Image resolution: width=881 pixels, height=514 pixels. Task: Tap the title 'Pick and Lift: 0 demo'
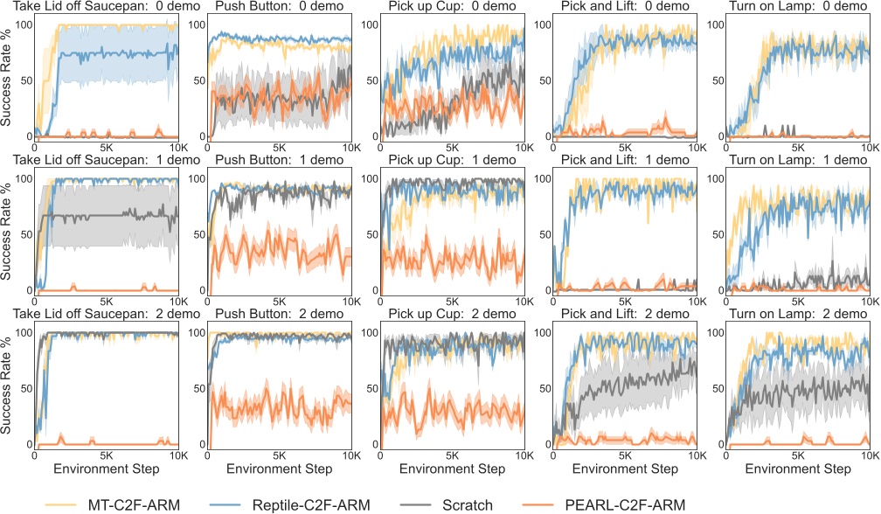click(x=624, y=7)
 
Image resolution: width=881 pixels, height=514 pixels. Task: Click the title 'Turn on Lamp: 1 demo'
click(x=797, y=161)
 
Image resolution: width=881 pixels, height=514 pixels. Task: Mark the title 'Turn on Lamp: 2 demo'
click(x=797, y=315)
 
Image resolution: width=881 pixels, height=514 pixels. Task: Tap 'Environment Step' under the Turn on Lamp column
click(x=797, y=469)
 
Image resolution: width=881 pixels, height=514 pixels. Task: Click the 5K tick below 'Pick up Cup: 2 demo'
click(x=452, y=455)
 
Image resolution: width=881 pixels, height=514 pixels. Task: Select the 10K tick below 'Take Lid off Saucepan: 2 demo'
click(x=175, y=455)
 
